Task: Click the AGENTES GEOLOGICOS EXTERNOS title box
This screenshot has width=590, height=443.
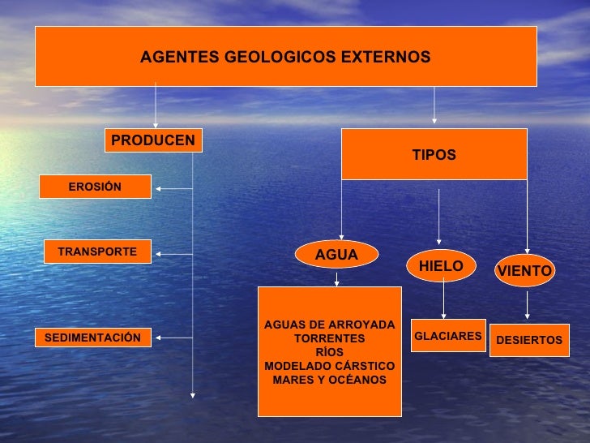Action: click(285, 56)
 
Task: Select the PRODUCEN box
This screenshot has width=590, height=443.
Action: click(153, 141)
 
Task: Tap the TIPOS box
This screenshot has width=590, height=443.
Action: click(434, 154)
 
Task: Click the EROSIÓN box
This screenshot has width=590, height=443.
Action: click(95, 187)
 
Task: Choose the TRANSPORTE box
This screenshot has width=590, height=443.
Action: click(97, 252)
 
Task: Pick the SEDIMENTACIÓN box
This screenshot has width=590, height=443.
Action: click(93, 338)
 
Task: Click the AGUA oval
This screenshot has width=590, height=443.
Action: click(336, 255)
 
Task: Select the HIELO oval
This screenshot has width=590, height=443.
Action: click(441, 266)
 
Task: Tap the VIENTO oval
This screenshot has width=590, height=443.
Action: click(524, 271)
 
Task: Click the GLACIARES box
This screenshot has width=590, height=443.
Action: click(447, 335)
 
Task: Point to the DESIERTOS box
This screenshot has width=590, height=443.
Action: click(529, 340)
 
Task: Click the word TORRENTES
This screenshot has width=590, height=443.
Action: click(329, 338)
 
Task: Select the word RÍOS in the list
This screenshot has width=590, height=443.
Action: click(329, 352)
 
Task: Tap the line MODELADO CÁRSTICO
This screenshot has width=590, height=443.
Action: click(329, 366)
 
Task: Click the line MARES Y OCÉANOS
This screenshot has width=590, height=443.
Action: click(329, 380)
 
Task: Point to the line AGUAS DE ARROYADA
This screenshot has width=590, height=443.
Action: click(329, 325)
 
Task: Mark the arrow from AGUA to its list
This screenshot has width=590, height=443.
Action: click(337, 277)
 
